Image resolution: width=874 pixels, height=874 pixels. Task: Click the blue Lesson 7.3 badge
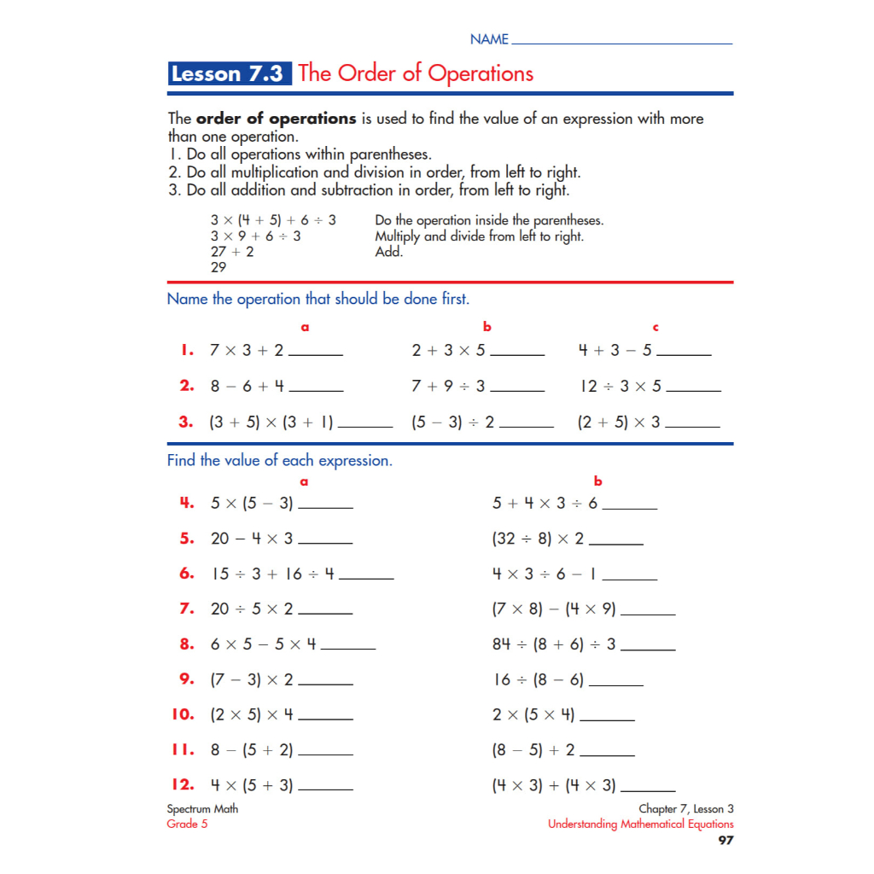click(x=230, y=73)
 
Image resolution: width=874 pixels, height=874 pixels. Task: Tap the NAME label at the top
click(x=489, y=39)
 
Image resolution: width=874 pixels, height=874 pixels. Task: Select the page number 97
click(x=725, y=841)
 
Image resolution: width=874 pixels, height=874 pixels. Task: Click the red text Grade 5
click(x=187, y=824)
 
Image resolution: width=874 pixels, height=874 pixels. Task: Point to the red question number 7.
click(x=187, y=609)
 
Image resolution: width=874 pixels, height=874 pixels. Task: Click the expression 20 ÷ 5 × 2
click(x=252, y=609)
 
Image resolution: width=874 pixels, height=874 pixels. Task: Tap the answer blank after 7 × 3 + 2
click(x=316, y=354)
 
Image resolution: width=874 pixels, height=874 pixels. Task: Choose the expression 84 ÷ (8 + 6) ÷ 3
click(x=554, y=644)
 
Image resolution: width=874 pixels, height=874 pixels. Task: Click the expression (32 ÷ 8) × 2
click(x=538, y=539)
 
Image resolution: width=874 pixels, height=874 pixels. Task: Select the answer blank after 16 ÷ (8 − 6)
click(x=616, y=685)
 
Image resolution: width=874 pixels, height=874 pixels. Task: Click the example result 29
click(x=218, y=267)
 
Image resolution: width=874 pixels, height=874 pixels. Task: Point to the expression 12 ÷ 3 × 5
click(x=621, y=386)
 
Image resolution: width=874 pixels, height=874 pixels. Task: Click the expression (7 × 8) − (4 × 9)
click(x=554, y=609)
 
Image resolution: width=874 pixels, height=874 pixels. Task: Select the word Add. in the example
click(x=388, y=252)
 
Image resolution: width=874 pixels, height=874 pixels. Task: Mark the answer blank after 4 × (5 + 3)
click(x=325, y=790)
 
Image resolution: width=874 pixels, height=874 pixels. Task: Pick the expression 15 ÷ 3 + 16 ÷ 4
click(x=273, y=574)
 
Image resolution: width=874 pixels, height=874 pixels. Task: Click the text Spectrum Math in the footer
click(x=202, y=809)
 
